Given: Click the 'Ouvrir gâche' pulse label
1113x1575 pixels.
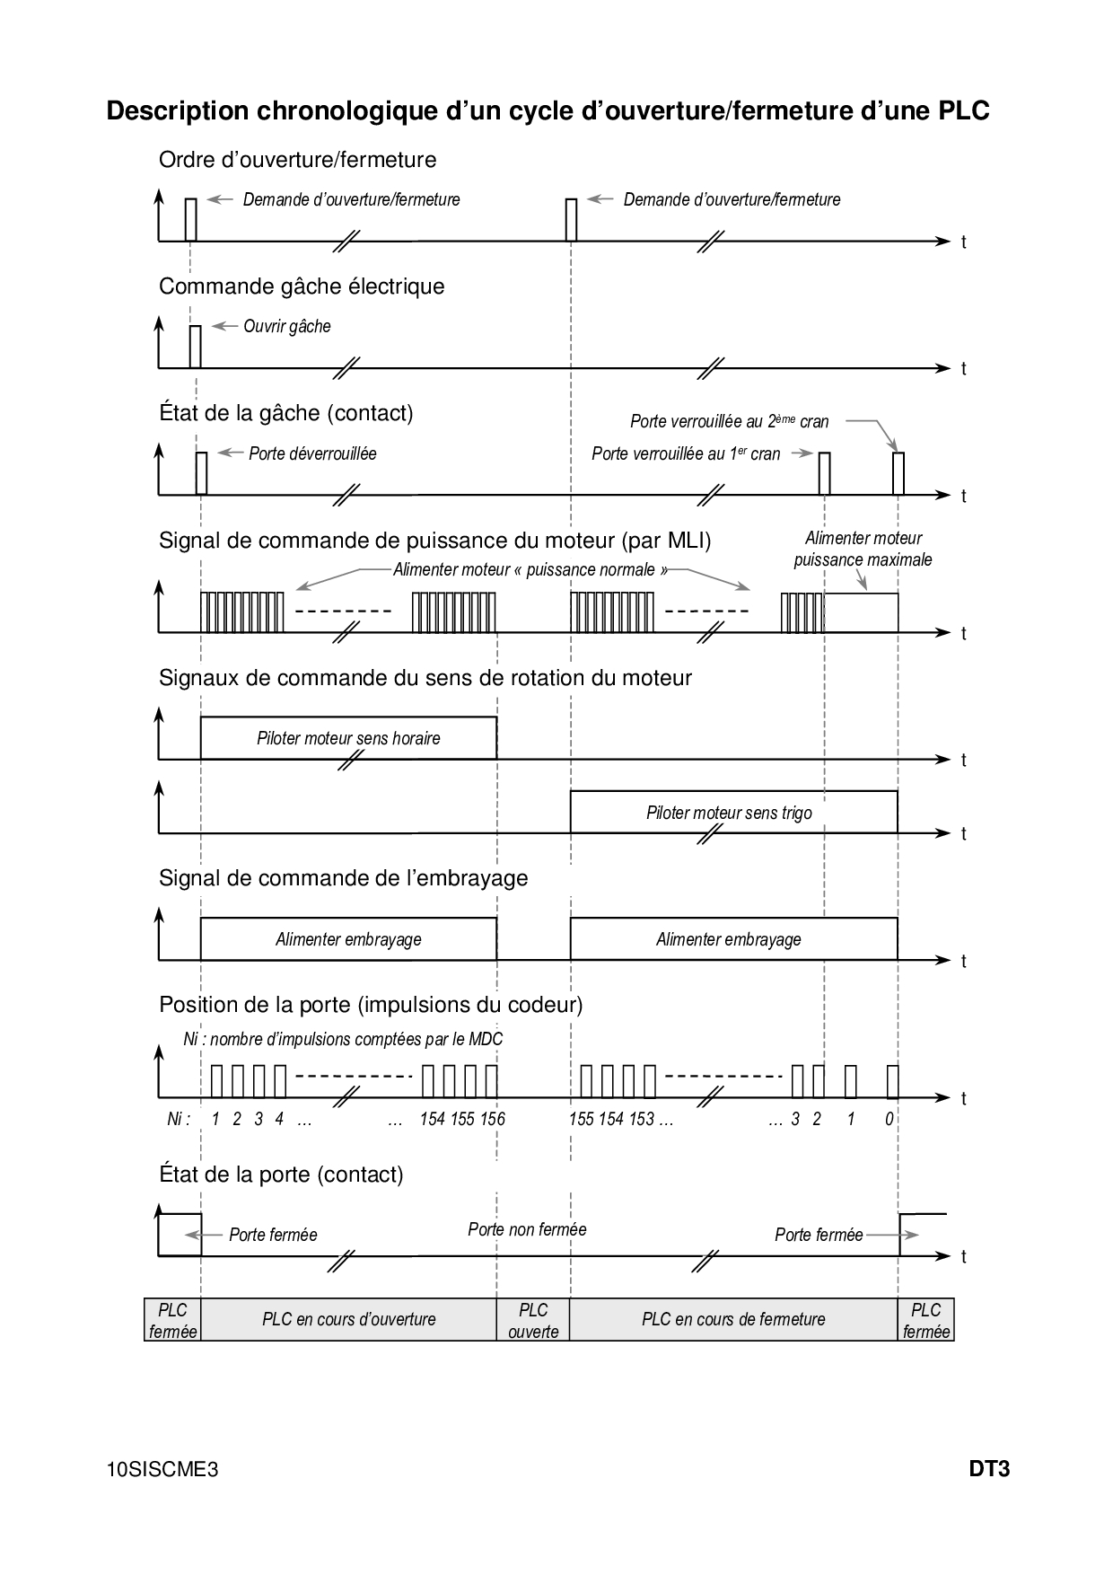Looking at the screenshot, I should point(286,326).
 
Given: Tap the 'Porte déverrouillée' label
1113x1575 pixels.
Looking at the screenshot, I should point(312,453).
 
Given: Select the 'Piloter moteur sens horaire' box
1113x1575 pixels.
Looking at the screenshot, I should point(348,738).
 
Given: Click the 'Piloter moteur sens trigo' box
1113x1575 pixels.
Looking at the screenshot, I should point(729,813).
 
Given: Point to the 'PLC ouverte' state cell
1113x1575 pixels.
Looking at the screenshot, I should point(533,1320).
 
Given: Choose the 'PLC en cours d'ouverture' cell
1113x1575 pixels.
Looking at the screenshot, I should point(348,1319).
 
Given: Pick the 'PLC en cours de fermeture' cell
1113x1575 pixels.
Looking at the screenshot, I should point(733,1319).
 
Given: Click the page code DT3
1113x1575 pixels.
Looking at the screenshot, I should point(989,1469).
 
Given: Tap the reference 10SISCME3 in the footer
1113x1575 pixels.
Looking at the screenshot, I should point(162,1470).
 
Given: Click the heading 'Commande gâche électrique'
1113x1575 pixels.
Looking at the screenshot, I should point(302,286).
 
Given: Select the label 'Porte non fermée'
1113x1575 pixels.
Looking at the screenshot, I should point(527,1229).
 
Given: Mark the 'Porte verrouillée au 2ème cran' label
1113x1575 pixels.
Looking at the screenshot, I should point(729,421).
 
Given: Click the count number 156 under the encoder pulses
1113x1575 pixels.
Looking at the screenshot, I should point(493,1119).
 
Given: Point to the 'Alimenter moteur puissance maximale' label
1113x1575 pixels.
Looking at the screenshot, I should point(863,549).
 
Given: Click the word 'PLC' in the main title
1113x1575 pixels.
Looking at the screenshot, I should point(964,110).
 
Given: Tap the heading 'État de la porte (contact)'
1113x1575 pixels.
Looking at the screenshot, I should point(281,1174).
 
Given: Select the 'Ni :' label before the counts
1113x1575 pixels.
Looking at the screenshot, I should point(179,1119).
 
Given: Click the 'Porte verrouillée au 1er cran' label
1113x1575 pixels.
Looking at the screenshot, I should point(686,453).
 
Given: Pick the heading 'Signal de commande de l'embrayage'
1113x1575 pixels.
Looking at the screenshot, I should point(343,877).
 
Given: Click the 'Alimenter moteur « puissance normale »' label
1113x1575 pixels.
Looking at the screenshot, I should point(530,569).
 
